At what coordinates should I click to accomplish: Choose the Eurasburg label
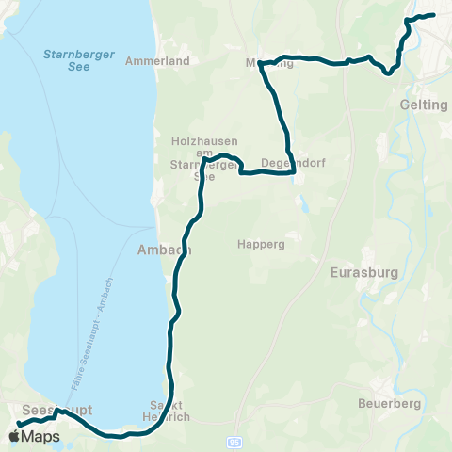tap(365, 273)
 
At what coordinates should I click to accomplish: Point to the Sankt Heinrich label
tap(167, 410)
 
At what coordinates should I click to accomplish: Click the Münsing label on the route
tap(270, 63)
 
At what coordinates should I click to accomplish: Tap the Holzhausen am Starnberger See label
tap(202, 157)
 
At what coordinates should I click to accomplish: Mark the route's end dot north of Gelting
tap(432, 14)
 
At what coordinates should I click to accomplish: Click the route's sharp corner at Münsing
tap(261, 64)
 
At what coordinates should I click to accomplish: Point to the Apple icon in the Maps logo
tap(14, 436)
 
